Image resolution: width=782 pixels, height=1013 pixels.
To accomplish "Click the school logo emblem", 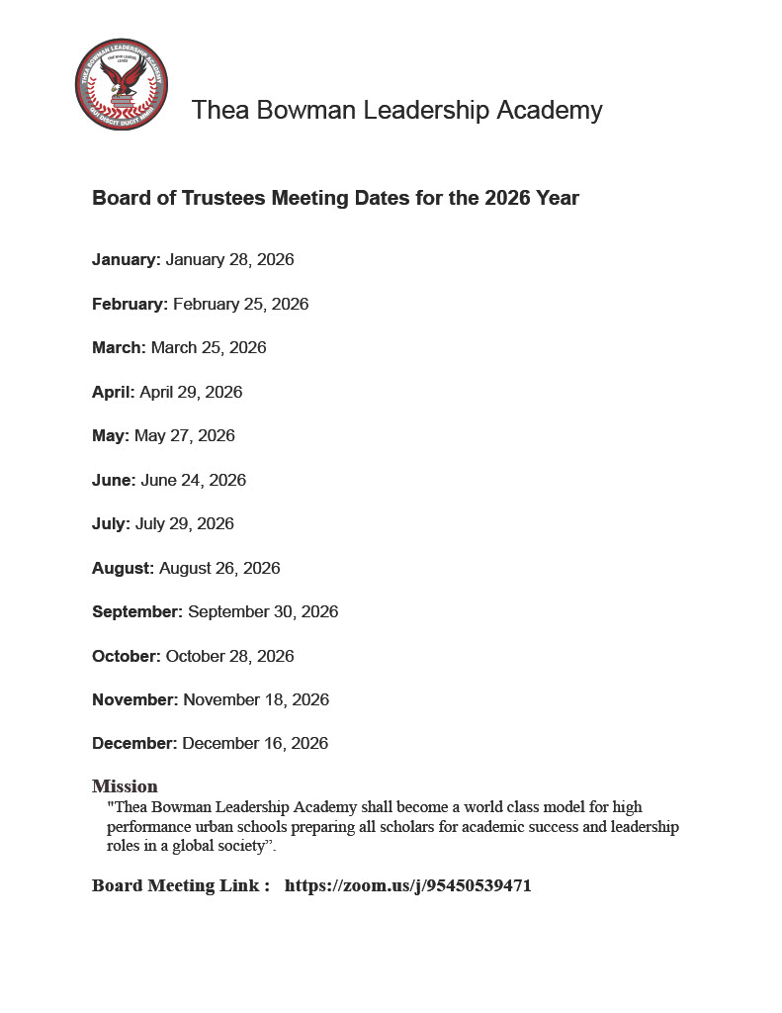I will [122, 84].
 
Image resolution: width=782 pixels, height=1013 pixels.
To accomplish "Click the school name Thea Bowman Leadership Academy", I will [396, 110].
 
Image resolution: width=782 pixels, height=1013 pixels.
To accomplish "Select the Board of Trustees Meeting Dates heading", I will [335, 198].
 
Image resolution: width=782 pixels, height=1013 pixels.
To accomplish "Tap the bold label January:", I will [126, 260].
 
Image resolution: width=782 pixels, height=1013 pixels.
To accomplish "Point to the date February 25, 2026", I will [240, 304].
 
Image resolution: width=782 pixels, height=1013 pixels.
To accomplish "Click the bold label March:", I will [119, 348].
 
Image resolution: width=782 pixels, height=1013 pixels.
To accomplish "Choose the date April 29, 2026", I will [191, 392].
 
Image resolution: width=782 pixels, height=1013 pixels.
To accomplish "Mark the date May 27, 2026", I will [185, 436].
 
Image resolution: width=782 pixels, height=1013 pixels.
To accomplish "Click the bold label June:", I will [114, 480].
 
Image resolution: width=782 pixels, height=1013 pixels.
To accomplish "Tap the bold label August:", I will [123, 568].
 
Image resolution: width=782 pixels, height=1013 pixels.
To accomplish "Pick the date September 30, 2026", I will [263, 612].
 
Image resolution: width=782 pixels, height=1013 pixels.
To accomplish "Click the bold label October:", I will [126, 656].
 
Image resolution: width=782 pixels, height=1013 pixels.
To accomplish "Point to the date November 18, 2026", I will [256, 700].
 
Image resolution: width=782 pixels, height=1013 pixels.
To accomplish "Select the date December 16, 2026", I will [255, 744].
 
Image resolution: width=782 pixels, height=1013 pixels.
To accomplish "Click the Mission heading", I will [125, 786].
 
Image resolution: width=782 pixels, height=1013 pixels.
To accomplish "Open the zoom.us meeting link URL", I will [407, 886].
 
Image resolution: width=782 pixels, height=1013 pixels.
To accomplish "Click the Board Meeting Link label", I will [180, 886].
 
